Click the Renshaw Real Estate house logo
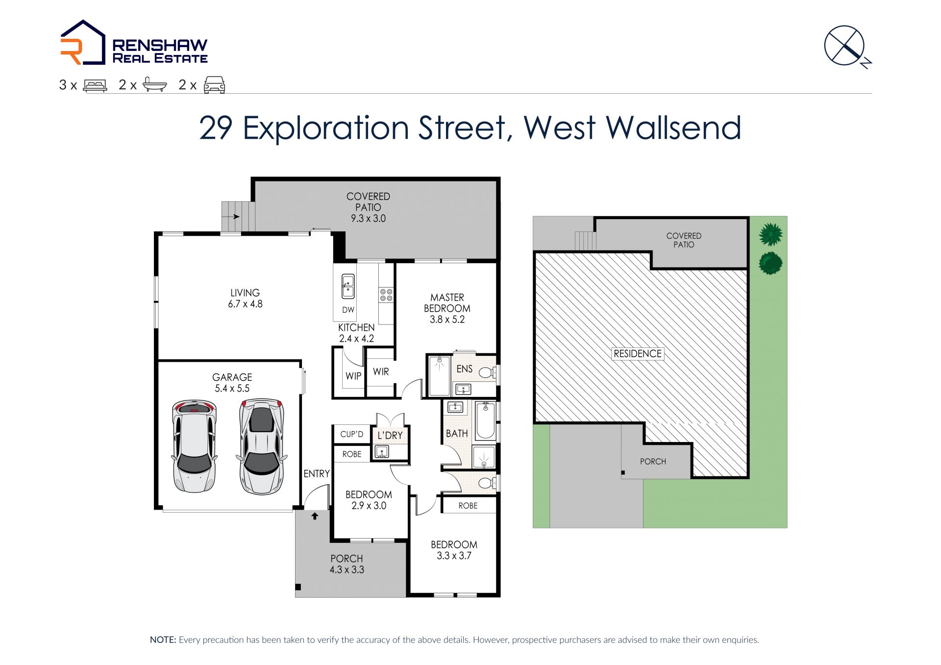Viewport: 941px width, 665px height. click(83, 42)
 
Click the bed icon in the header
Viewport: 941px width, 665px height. click(95, 86)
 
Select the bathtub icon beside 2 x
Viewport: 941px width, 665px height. click(155, 85)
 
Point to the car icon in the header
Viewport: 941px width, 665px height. click(214, 85)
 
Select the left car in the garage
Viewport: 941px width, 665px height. click(194, 446)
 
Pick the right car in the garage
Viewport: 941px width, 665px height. click(261, 446)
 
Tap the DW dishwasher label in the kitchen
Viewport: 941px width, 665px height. click(348, 310)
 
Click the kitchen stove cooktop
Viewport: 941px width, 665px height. click(386, 295)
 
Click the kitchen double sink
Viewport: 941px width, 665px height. click(348, 286)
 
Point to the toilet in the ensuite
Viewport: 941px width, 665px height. click(487, 373)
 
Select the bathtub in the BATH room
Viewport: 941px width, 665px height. click(486, 420)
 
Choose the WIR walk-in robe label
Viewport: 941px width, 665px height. click(381, 372)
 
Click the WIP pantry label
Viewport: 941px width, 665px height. click(353, 376)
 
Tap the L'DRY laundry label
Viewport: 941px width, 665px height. click(390, 435)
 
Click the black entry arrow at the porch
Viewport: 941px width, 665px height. click(315, 516)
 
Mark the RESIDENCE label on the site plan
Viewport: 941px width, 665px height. click(638, 354)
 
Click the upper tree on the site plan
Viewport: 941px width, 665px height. click(770, 234)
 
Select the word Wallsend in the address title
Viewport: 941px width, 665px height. click(673, 128)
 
